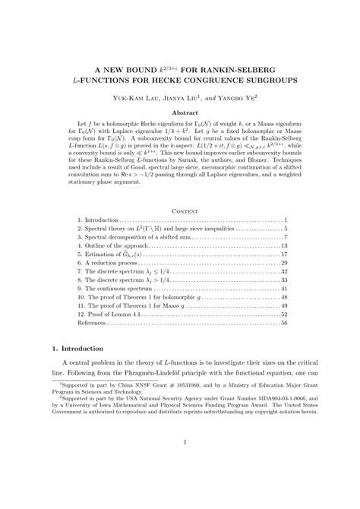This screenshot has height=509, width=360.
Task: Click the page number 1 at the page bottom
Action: (180, 483)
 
